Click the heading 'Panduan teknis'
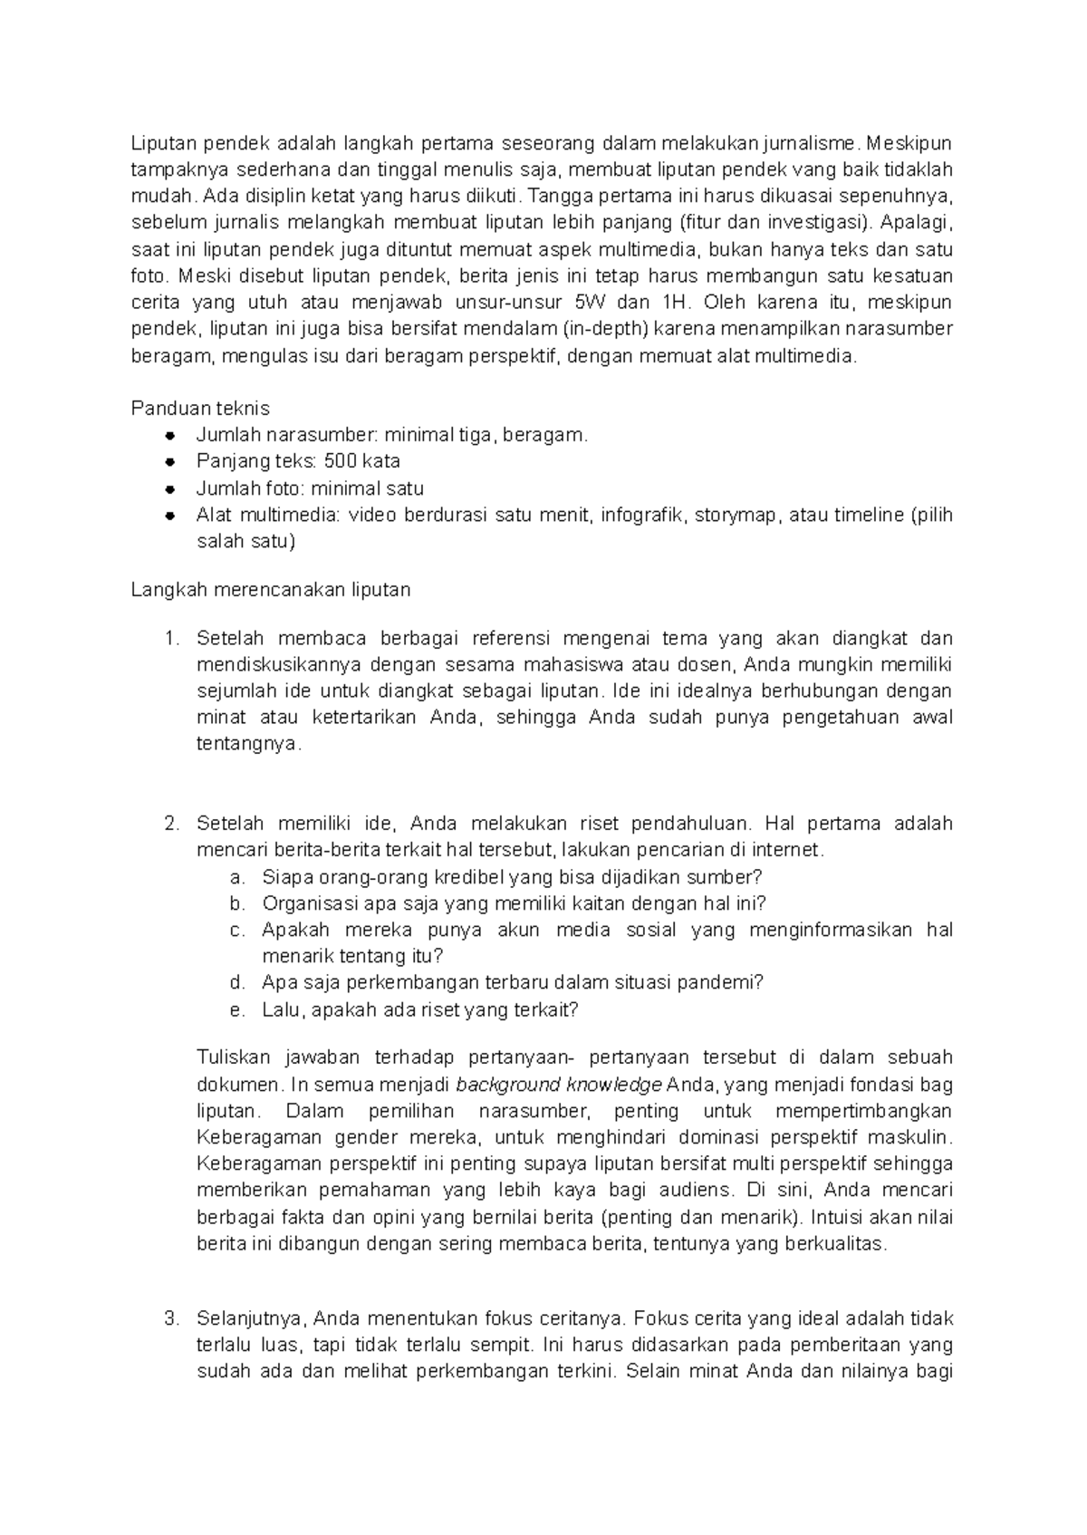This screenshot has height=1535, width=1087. pyautogui.click(x=200, y=408)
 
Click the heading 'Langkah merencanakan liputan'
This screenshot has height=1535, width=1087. pyautogui.click(x=270, y=590)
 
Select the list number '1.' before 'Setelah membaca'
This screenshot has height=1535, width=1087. pyautogui.click(x=172, y=639)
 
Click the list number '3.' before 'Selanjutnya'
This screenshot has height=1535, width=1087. pyautogui.click(x=172, y=1318)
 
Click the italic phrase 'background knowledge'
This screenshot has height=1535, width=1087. pyautogui.click(x=558, y=1085)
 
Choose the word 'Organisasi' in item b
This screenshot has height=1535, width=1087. pyautogui.click(x=305, y=903)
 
